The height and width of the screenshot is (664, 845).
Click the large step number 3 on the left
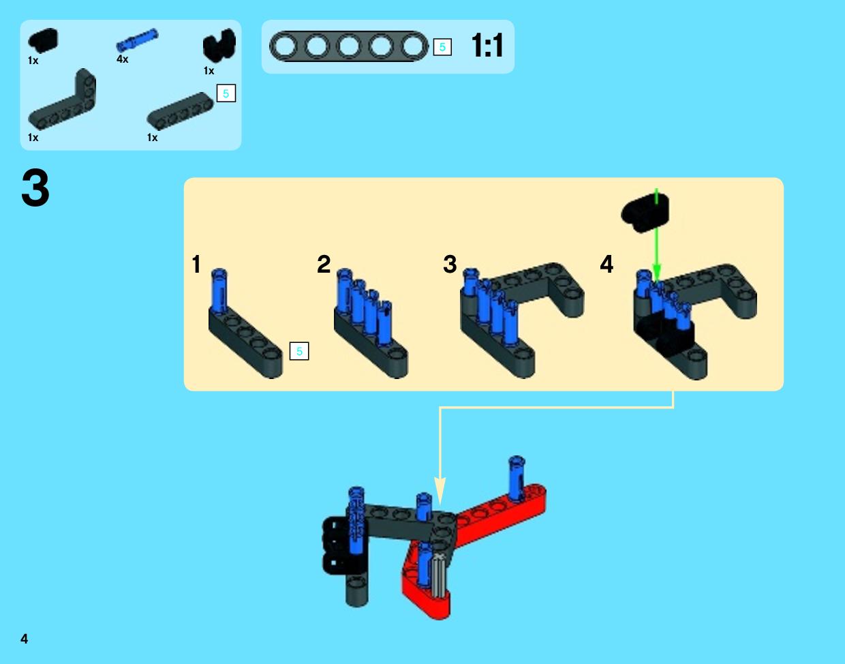(35, 188)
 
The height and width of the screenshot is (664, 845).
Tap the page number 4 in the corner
(24, 639)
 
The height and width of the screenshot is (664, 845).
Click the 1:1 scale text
(487, 46)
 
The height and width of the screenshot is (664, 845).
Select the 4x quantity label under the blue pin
(122, 59)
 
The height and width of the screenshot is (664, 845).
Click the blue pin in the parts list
(137, 40)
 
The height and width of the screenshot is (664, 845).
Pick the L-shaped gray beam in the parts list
(62, 100)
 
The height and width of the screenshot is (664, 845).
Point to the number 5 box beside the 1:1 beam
(442, 47)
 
